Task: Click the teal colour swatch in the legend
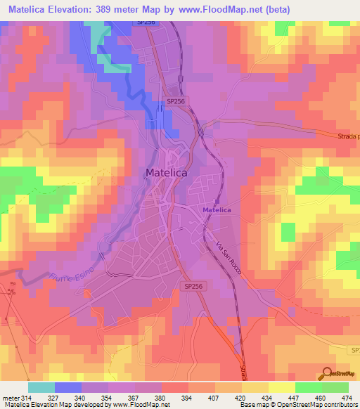point(41,387)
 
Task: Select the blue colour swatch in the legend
point(68,387)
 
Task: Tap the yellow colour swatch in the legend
point(281,387)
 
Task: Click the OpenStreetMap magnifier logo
point(328,374)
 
